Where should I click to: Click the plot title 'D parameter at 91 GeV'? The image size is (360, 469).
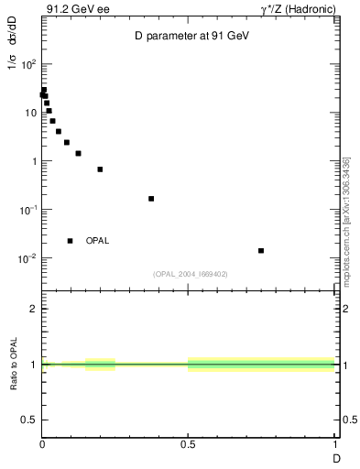(187, 35)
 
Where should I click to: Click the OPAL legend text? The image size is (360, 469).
(97, 241)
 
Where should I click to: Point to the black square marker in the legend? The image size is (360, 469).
(71, 241)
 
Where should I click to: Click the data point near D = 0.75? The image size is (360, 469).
(261, 250)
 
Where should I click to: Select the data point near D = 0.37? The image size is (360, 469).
(151, 199)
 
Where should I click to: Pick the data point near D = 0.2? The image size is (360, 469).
(100, 169)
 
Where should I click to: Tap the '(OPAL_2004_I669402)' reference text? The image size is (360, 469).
(190, 274)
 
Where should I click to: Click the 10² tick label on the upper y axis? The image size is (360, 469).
(28, 65)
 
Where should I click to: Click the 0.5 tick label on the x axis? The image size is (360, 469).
(188, 445)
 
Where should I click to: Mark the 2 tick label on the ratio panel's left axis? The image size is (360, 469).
(33, 310)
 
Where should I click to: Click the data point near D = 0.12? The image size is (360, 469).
(78, 153)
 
